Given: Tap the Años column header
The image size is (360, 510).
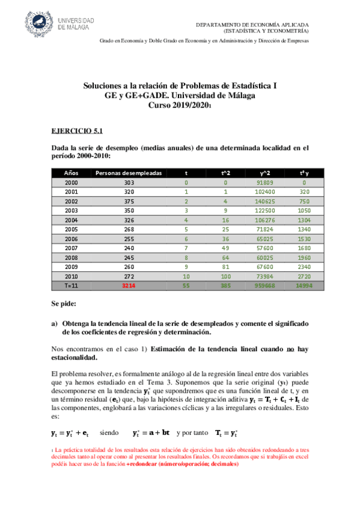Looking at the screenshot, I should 72,173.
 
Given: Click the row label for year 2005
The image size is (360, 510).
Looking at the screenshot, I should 72,229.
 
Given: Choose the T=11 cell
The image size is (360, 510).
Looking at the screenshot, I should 72,286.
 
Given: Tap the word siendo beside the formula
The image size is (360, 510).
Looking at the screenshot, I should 110,432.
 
